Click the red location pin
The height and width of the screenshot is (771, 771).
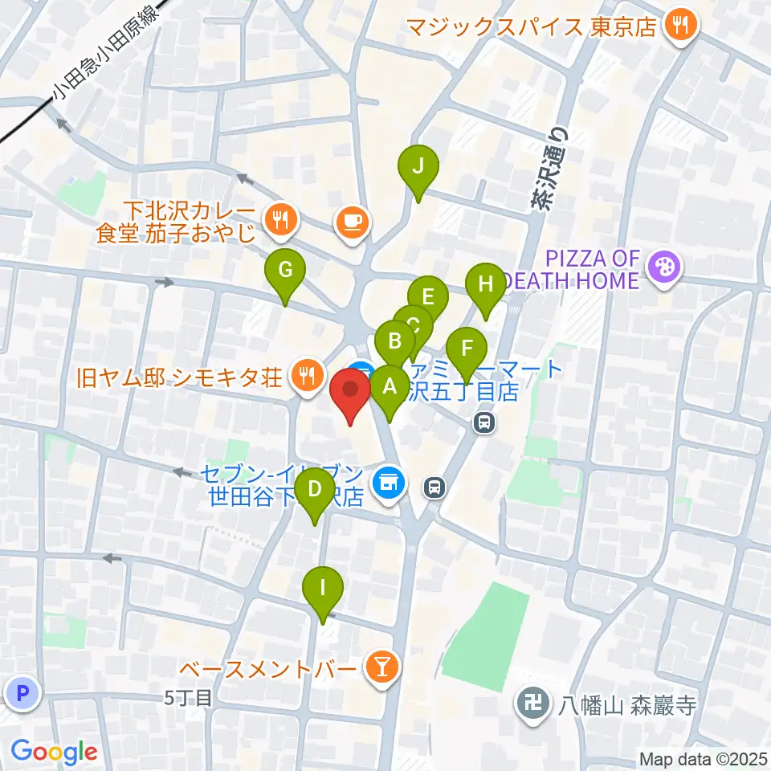tap(351, 391)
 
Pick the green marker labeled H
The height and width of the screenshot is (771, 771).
tap(484, 285)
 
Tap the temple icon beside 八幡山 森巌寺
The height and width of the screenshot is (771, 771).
tap(532, 705)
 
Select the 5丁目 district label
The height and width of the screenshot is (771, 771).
tap(189, 699)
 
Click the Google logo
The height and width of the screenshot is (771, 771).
tap(54, 752)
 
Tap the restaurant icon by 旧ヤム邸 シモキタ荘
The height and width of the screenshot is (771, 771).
tap(306, 373)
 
